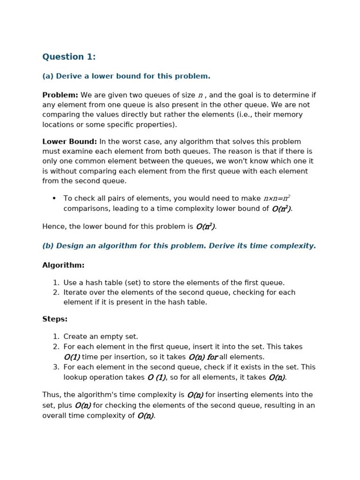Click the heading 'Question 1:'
pyautogui.click(x=69, y=57)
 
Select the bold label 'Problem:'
pyautogui.click(x=60, y=95)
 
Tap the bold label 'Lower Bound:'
pyautogui.click(x=69, y=142)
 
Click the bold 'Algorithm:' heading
pyautogui.click(x=63, y=265)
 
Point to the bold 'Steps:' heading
pyautogui.click(x=55, y=319)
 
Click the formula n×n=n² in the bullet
pyautogui.click(x=277, y=198)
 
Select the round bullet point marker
pyautogui.click(x=54, y=198)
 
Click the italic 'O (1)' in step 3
pyautogui.click(x=157, y=377)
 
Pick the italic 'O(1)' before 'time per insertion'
pyautogui.click(x=72, y=357)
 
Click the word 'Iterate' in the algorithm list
pyautogui.click(x=76, y=292)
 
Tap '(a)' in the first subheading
pyautogui.click(x=48, y=76)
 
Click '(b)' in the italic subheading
pyautogui.click(x=48, y=246)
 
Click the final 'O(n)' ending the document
pyautogui.click(x=145, y=416)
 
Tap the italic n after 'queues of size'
pyautogui.click(x=201, y=96)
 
